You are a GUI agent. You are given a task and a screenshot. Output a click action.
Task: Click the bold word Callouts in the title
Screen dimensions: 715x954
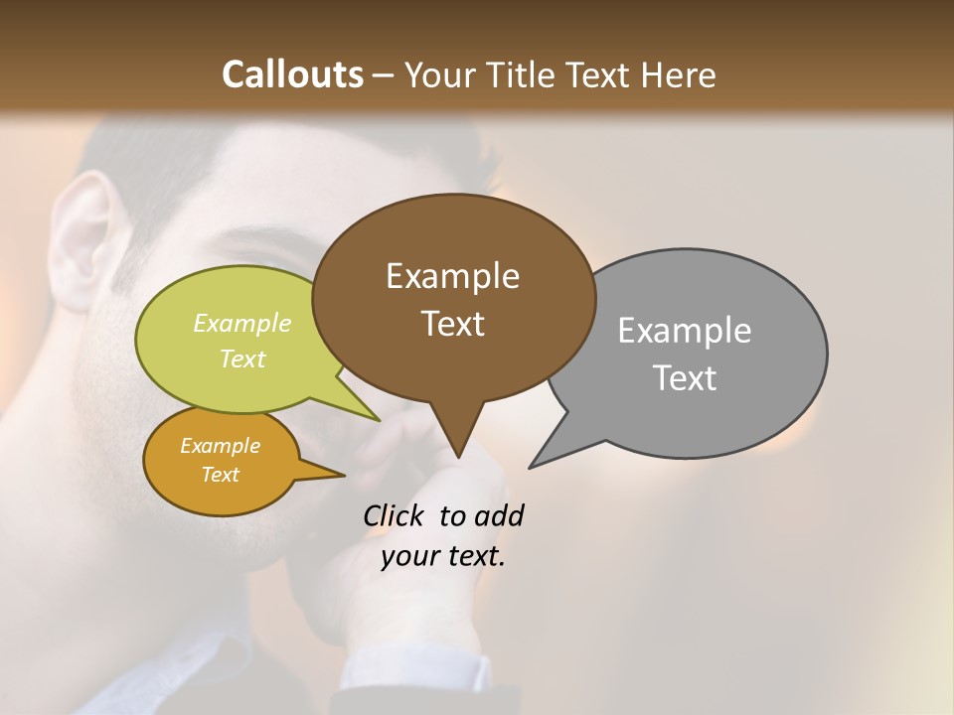tap(292, 74)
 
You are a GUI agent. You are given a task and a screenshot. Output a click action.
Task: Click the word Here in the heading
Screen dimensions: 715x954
tap(678, 74)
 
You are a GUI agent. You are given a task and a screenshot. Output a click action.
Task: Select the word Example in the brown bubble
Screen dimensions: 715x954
tap(452, 276)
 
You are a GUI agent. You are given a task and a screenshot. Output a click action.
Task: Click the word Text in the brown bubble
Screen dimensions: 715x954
tap(452, 324)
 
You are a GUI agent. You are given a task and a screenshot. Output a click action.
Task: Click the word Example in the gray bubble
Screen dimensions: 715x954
tap(684, 331)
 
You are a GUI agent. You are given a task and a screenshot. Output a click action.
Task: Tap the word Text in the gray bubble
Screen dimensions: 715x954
tap(684, 378)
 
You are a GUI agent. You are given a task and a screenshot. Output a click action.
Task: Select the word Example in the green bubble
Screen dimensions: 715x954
tap(242, 323)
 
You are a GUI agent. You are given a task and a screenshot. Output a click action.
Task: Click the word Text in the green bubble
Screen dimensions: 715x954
tap(242, 358)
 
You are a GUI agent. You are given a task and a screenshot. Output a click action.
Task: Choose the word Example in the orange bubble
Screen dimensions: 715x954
tap(220, 446)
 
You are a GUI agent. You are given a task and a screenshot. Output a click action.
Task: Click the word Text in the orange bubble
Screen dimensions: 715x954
tap(220, 475)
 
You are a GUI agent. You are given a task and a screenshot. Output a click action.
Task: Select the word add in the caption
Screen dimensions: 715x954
tap(498, 515)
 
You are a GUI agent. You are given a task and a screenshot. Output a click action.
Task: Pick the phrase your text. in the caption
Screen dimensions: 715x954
tap(443, 556)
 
